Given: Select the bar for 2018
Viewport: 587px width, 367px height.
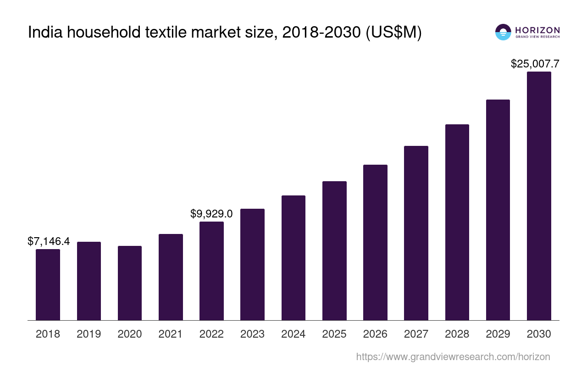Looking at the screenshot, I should [x=48, y=284].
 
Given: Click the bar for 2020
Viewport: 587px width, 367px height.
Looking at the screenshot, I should [x=130, y=283].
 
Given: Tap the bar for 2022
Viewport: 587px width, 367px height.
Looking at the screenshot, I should [x=211, y=271].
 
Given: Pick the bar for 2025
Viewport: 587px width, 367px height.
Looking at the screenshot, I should [x=334, y=250].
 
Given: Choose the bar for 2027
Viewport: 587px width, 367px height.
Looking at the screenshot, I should [x=416, y=233].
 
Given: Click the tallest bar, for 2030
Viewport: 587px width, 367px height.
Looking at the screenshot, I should [x=539, y=196].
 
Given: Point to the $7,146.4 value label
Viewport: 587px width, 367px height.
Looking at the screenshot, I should [x=49, y=241].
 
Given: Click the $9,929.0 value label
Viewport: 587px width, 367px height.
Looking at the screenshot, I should [x=211, y=214].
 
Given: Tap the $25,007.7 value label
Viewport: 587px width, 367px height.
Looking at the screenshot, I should [x=535, y=64].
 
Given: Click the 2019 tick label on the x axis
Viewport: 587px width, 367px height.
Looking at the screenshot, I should [x=89, y=334].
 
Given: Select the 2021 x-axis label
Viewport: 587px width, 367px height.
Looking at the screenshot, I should [x=171, y=334].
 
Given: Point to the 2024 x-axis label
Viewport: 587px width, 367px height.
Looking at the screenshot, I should [x=293, y=334].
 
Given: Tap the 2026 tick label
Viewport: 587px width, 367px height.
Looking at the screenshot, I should [x=375, y=334].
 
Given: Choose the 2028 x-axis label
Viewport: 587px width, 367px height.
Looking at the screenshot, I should [x=457, y=334].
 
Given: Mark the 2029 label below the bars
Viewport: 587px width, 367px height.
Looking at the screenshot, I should [x=498, y=334].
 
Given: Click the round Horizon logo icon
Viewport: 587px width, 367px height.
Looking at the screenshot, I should [x=503, y=32].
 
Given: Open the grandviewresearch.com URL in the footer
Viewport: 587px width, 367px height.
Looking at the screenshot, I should [x=453, y=356].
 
